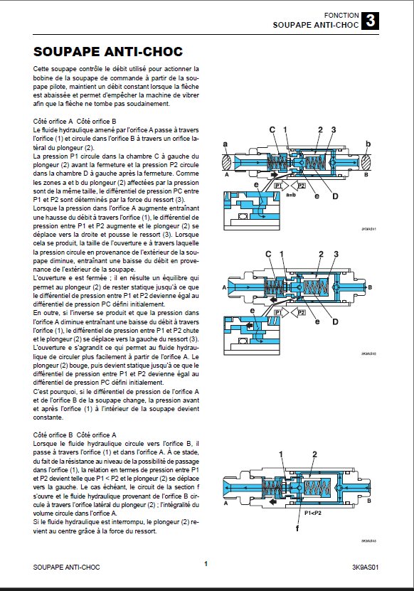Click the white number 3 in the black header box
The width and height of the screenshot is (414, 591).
click(371, 21)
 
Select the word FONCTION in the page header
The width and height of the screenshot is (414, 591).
click(341, 16)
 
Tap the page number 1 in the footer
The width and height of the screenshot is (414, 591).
click(206, 564)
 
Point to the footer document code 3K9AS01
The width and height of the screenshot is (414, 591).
click(365, 568)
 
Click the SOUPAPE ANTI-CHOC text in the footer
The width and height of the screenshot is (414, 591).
click(66, 568)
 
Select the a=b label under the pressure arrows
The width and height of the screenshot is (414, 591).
click(290, 195)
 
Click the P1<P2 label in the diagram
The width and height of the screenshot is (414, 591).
click(312, 513)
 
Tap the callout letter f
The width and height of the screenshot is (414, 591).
click(297, 528)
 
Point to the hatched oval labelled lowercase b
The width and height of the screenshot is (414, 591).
click(366, 163)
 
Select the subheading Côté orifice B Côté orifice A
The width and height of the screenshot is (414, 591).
click(75, 435)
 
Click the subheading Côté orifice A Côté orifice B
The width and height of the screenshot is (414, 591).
click(75, 122)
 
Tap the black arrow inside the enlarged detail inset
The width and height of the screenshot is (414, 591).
click(248, 325)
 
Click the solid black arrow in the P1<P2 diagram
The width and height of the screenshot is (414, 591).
click(272, 501)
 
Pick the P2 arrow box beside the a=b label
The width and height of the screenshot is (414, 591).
click(302, 186)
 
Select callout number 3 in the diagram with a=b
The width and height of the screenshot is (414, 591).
click(334, 129)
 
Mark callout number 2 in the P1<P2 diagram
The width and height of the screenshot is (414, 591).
click(315, 454)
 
